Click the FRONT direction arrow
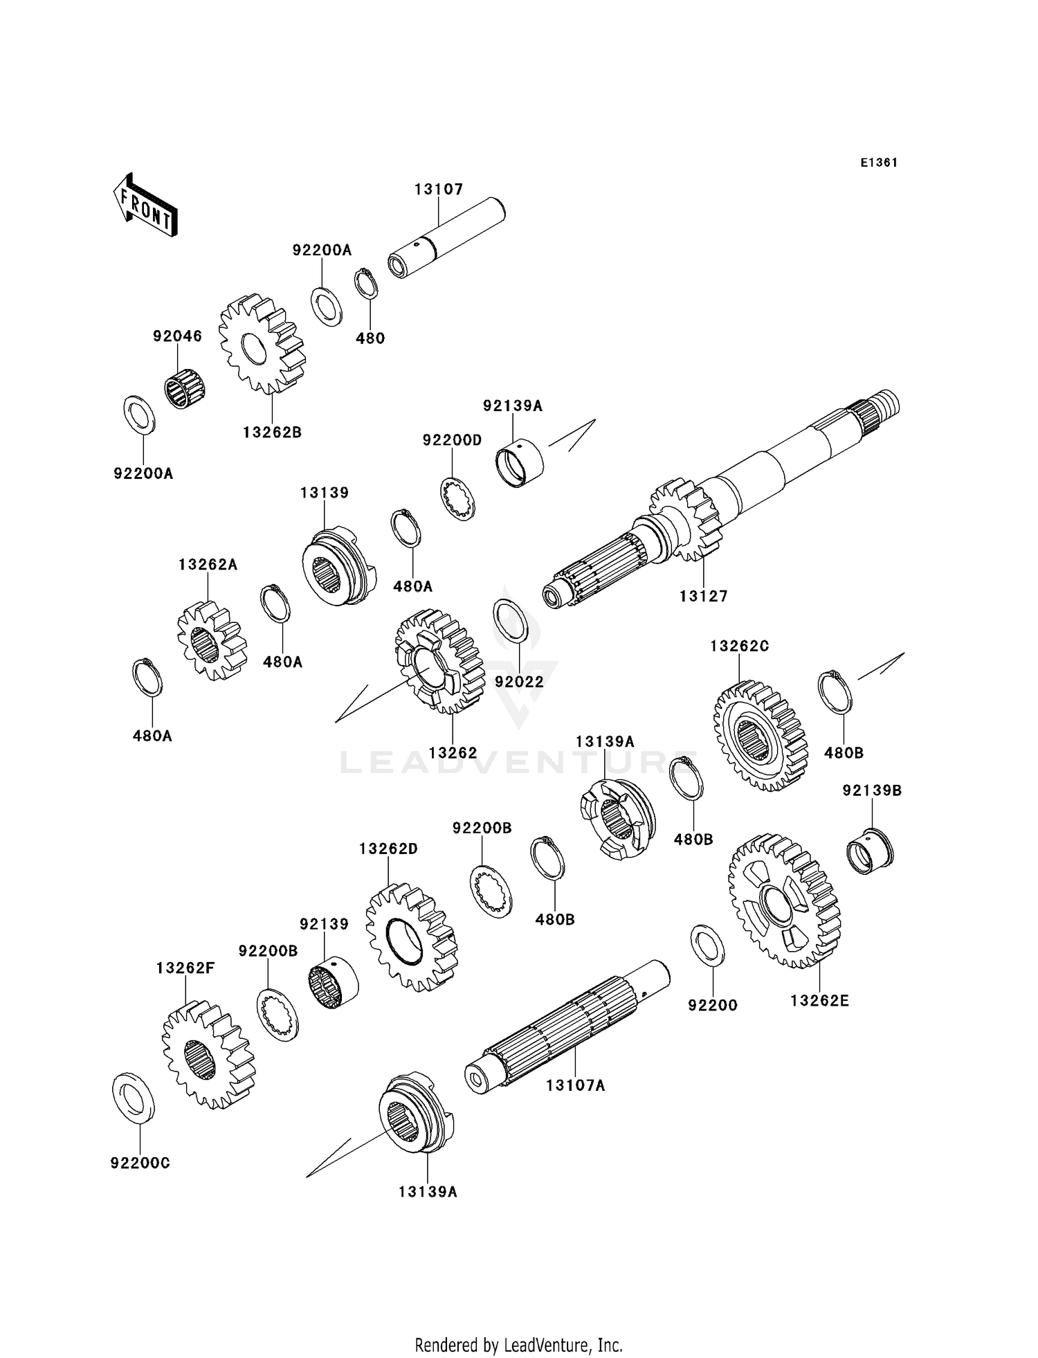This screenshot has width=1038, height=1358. pos(145,206)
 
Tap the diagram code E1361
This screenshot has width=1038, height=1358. pos(879,163)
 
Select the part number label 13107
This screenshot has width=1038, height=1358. pos(439,189)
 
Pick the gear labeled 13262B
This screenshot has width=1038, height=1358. pos(263,344)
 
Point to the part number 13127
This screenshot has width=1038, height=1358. pos(704,596)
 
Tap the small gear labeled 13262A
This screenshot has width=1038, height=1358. pos(212,640)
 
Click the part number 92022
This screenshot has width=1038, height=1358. pos(519,682)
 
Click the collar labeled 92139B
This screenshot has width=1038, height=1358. pos(871,851)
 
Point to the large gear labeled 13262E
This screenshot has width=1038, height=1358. pos(784,900)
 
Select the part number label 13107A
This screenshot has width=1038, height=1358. pos(576,1085)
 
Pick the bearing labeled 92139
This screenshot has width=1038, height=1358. pos(332,981)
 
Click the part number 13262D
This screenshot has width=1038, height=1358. pos(388,849)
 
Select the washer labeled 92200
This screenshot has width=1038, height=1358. pos(708,945)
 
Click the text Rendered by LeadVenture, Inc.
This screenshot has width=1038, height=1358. pos(519,1345)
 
